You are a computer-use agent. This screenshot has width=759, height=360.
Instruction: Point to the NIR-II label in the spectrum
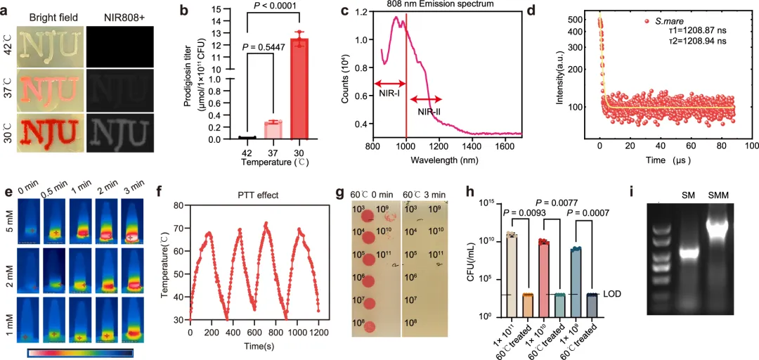430,112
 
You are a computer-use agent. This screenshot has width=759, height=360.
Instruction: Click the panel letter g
340,191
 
